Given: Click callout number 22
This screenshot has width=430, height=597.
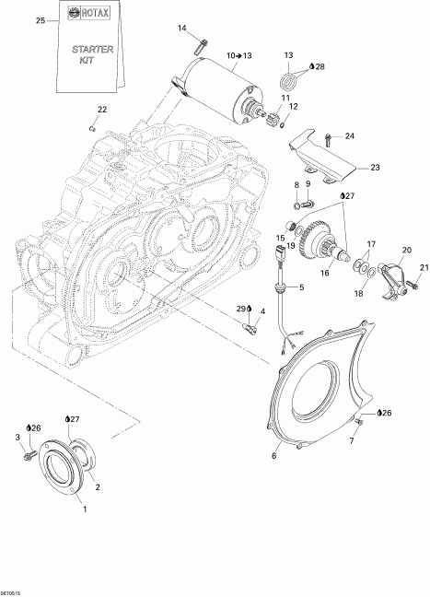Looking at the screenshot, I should coord(101,110).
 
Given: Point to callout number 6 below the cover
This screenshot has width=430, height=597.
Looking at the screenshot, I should coord(274,454).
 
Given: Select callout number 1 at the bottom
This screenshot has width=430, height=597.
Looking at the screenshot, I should coord(86,508).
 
